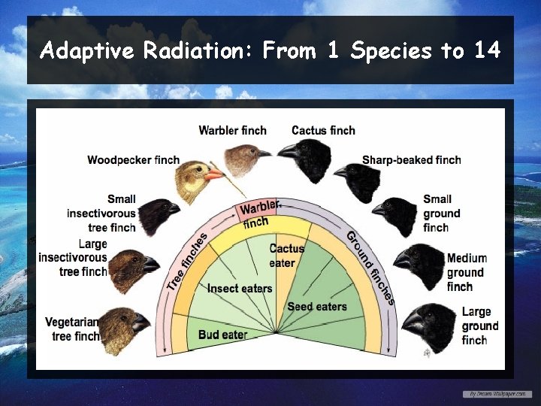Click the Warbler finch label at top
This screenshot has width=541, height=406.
click(232, 130)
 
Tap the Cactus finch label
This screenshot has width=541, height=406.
click(323, 130)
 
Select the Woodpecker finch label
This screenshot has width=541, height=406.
click(133, 159)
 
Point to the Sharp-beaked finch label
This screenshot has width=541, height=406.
click(411, 159)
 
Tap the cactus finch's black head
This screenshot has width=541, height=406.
click(304, 156)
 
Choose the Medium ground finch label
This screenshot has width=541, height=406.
click(466, 272)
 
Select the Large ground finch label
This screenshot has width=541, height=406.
click(479, 326)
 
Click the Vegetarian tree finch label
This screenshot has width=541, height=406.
click(73, 329)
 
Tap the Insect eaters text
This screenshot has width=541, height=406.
click(240, 289)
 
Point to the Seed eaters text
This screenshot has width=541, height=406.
click(317, 307)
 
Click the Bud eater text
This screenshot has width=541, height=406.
click(223, 334)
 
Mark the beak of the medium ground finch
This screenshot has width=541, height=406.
click(401, 261)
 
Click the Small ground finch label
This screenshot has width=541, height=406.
click(437, 213)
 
